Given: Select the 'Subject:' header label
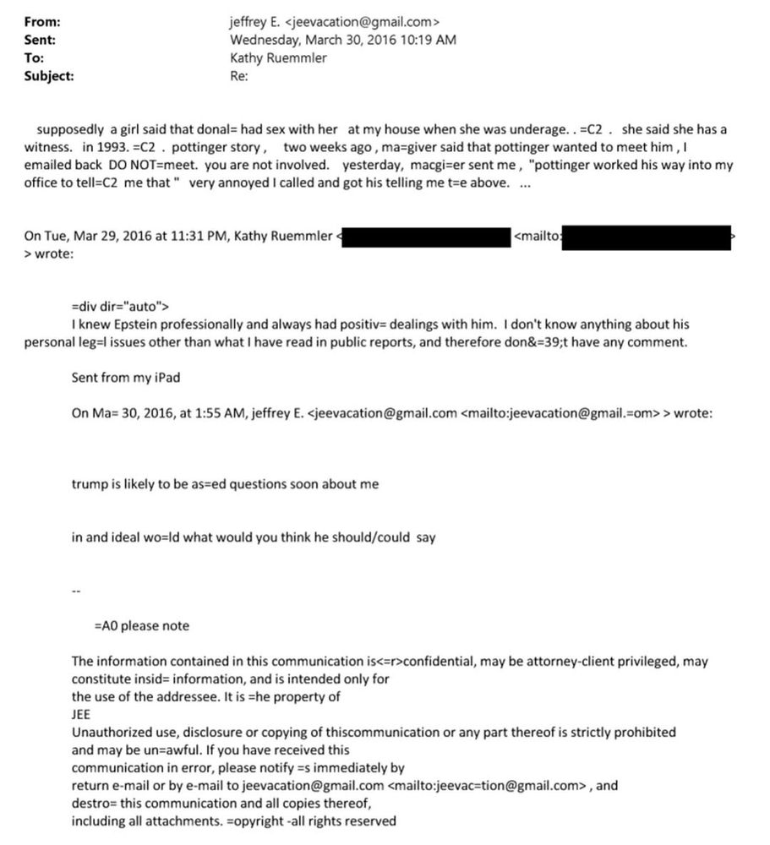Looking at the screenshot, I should point(48,75).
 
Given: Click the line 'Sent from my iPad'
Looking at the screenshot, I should point(125,378).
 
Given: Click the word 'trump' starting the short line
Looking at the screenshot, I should point(89,484).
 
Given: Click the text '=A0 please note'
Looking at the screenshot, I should point(142,626).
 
